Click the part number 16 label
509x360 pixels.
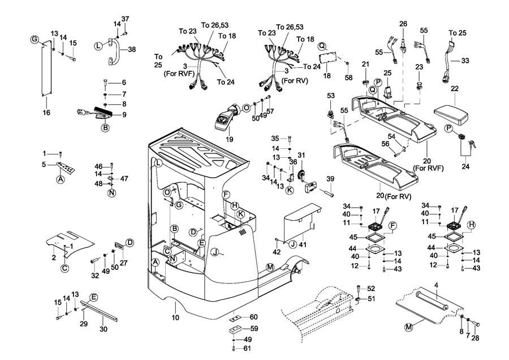point(46,113)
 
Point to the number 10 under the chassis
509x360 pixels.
point(175,319)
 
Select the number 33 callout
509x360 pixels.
point(465,60)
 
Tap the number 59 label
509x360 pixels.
point(254,328)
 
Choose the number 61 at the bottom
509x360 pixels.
point(247,348)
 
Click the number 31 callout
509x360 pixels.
point(301,156)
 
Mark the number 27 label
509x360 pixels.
point(124,263)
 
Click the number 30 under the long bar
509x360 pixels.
point(103,329)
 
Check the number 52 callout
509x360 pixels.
point(371,288)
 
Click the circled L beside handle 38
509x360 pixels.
point(98,46)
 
